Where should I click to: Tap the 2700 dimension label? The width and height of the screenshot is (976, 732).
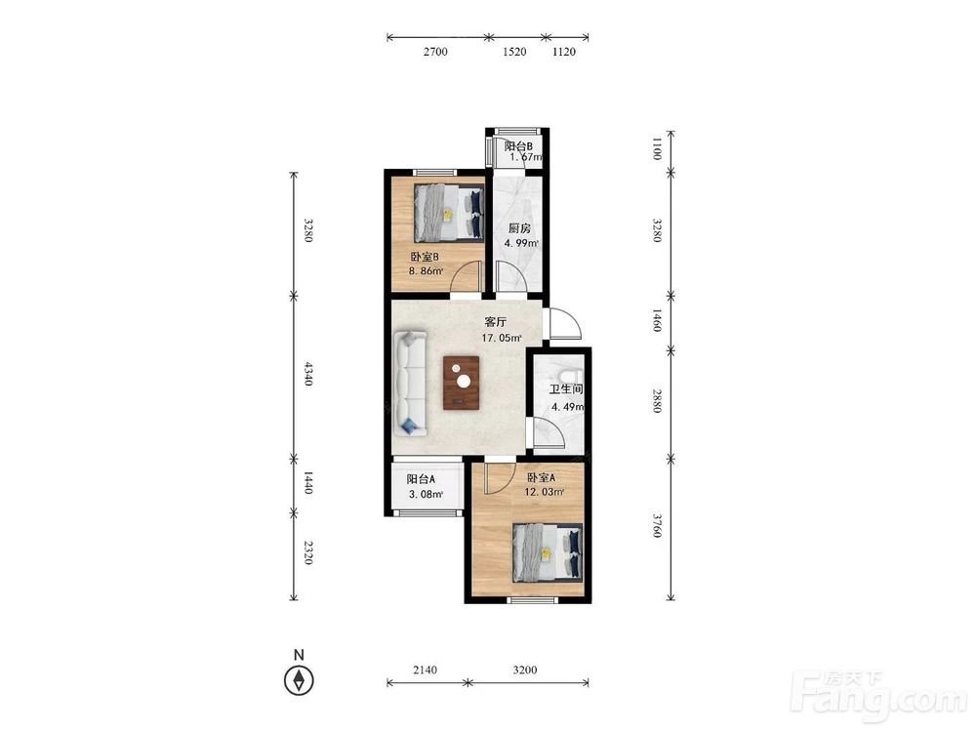coord(435,52)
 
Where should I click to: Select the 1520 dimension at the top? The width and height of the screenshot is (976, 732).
coord(514,52)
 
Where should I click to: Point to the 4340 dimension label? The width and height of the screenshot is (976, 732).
coord(306,373)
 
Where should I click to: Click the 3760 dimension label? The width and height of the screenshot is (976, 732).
coord(656,525)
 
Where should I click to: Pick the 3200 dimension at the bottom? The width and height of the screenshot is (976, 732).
coord(525,670)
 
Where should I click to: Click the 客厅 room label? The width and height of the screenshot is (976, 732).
coord(496,322)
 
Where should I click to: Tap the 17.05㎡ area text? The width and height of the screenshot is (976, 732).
coord(502,338)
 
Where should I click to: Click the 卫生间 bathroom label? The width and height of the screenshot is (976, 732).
coord(566,389)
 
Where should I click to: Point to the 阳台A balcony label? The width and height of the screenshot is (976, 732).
coord(421,479)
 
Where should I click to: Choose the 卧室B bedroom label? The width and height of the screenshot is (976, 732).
coord(425,257)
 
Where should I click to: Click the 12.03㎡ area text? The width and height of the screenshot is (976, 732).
coord(545,492)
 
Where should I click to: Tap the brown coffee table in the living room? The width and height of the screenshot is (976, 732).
coord(462,383)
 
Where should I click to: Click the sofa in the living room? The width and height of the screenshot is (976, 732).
coord(410,384)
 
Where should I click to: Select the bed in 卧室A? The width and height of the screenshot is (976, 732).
coord(548,552)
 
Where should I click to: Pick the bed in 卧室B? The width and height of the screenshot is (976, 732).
coord(449,212)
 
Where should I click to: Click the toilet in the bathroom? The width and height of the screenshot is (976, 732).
coord(570,377)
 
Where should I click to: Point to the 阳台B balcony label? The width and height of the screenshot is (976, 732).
coord(518,146)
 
